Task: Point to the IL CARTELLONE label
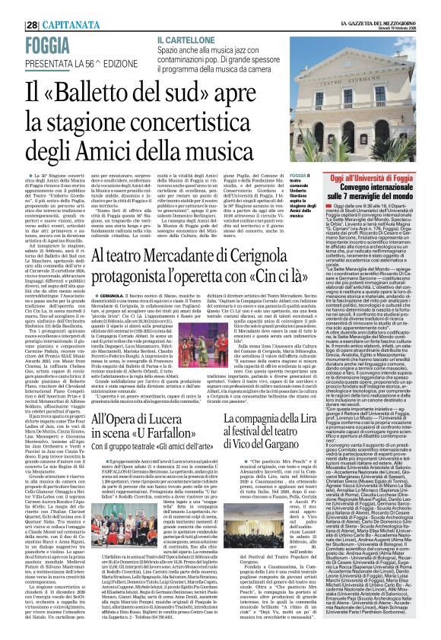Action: (x=182, y=38)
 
